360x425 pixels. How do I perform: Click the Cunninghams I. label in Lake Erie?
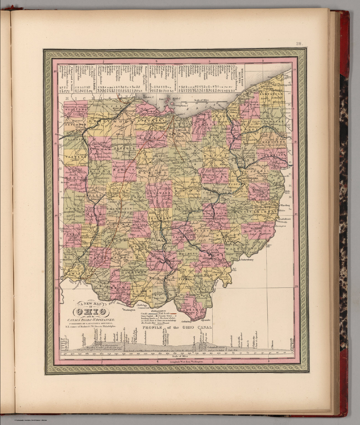click(x=181, y=106)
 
